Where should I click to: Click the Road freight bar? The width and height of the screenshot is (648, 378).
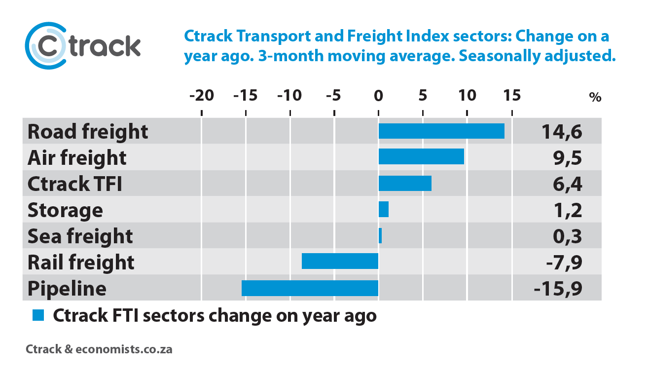point(441,131)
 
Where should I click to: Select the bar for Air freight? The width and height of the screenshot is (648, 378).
point(421,156)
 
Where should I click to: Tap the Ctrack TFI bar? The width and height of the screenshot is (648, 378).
point(405,183)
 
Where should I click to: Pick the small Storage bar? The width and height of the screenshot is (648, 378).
point(384,209)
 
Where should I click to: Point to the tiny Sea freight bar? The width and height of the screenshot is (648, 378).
point(380,235)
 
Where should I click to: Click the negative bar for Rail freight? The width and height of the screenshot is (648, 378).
point(340,261)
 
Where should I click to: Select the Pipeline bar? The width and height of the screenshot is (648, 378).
point(310,288)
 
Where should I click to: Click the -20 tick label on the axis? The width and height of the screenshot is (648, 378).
point(202,96)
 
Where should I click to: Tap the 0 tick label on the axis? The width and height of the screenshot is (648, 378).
point(378,96)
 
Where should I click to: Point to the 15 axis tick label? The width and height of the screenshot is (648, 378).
point(512,96)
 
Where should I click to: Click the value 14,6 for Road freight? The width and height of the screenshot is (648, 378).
point(562,132)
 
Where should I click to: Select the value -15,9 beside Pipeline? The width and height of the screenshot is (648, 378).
point(558,289)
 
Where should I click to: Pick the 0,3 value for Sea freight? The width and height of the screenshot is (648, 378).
point(567,236)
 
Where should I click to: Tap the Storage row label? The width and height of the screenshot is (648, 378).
point(66,210)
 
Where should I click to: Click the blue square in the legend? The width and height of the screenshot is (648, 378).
point(38,315)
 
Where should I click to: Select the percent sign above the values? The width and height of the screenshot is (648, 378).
point(595,97)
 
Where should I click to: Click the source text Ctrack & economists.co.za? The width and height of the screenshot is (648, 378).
point(99,349)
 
